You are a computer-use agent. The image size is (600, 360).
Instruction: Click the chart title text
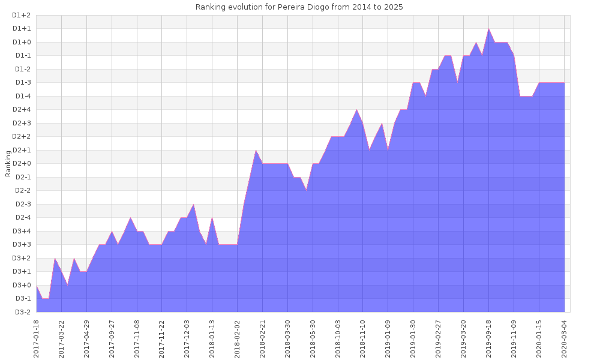click(x=299, y=7)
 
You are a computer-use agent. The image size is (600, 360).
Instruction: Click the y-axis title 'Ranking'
click(x=8, y=163)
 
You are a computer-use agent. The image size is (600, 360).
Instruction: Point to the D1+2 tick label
click(x=22, y=15)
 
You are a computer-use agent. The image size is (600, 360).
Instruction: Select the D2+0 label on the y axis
click(x=22, y=163)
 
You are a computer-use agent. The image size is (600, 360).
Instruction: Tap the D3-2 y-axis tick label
click(x=22, y=312)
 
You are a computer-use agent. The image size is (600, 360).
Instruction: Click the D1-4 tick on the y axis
click(x=22, y=96)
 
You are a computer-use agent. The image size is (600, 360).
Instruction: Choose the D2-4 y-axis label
click(x=22, y=217)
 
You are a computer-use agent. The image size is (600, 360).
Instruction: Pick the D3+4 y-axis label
click(x=22, y=231)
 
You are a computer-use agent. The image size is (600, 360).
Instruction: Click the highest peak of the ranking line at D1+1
click(x=489, y=29)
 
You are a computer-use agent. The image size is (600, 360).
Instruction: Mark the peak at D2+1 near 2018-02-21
click(x=256, y=150)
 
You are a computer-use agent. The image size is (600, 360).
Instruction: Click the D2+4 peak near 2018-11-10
click(x=357, y=109)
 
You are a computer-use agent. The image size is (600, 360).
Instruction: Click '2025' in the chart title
click(x=394, y=7)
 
